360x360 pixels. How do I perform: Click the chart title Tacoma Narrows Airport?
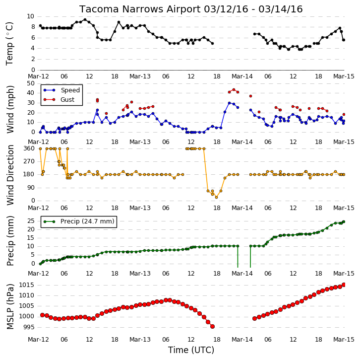[140, 9]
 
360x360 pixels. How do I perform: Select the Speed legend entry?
[61, 90]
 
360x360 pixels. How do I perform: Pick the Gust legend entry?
[59, 99]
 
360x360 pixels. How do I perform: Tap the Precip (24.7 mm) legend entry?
[79, 221]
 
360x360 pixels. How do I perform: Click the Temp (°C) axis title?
[9, 44]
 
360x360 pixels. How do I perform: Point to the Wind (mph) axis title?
[10, 109]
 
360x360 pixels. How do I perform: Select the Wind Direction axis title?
[10, 175]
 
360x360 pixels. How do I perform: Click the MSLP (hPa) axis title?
[10, 306]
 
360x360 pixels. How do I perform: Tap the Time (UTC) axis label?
[191, 350]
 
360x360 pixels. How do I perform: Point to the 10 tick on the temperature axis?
[31, 16]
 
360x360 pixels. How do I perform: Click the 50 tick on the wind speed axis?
[31, 83]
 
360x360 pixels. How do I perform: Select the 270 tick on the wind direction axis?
[29, 161]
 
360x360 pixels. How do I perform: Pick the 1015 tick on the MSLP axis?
[27, 285]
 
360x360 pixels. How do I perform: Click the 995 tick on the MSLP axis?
[28, 327]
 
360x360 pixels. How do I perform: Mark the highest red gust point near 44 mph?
[234, 90]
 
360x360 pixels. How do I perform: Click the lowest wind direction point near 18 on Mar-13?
[216, 197]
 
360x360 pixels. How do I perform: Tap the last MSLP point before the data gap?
[213, 326]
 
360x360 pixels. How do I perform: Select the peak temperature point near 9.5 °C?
[85, 20]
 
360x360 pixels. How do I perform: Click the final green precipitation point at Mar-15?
[344, 221]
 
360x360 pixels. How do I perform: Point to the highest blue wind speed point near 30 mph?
[230, 103]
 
